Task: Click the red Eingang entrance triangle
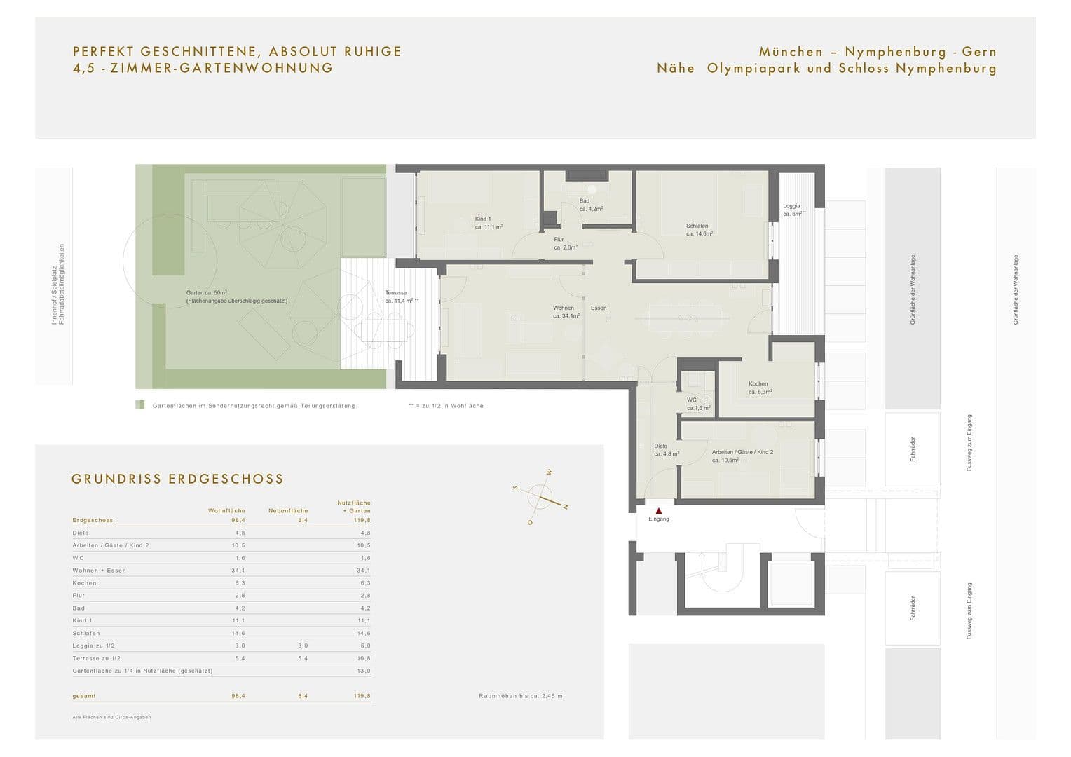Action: click(x=658, y=511)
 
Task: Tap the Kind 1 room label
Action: click(x=489, y=223)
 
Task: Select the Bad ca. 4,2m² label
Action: click(x=591, y=205)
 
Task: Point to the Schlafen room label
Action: click(x=699, y=229)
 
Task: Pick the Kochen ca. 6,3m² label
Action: click(x=760, y=388)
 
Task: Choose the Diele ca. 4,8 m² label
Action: click(x=666, y=450)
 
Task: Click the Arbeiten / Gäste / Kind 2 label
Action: click(x=742, y=456)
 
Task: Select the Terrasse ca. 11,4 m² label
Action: click(x=400, y=296)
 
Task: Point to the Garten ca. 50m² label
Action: click(x=236, y=296)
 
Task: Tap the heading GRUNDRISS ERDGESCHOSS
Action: click(x=177, y=479)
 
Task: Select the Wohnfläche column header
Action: click(x=226, y=510)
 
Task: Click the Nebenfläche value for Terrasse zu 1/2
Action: click(x=303, y=658)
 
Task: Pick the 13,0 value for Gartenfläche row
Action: click(x=364, y=671)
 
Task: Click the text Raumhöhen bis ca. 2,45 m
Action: click(x=520, y=696)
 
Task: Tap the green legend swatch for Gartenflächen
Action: click(x=140, y=405)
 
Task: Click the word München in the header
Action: click(x=791, y=52)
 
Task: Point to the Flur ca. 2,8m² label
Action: click(x=565, y=243)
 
